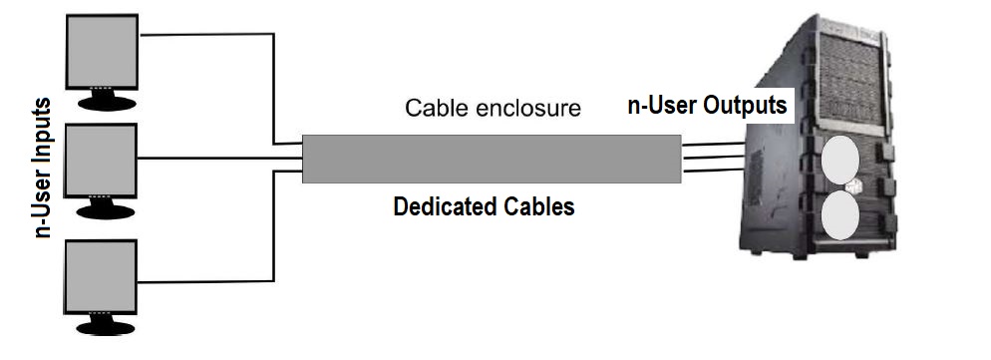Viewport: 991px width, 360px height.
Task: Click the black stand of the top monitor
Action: coord(102,99)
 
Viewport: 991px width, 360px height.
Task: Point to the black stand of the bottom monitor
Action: coord(102,324)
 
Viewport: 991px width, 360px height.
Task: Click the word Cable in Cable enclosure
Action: coord(436,108)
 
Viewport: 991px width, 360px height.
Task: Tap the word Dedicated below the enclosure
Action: coord(447,207)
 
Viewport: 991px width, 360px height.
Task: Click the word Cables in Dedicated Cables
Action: coord(540,207)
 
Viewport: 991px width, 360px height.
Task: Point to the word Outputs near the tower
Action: coord(747,104)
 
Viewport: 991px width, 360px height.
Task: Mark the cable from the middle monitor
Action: coord(219,158)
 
